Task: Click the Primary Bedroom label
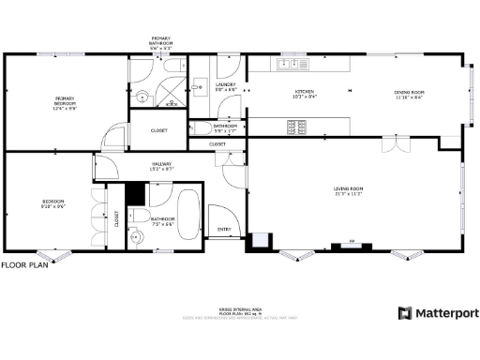coord(64,100)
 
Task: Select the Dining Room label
coord(410,94)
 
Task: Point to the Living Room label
coord(349,190)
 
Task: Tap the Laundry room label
coord(225,86)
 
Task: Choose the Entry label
coord(224,228)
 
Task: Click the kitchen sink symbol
coord(291,65)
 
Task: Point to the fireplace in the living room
coord(352,246)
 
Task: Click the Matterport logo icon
coord(405,313)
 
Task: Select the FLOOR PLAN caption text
coord(22,265)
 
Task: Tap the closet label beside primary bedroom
coord(159,131)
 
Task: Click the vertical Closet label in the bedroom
coord(117,219)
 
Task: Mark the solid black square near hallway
coord(135,192)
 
